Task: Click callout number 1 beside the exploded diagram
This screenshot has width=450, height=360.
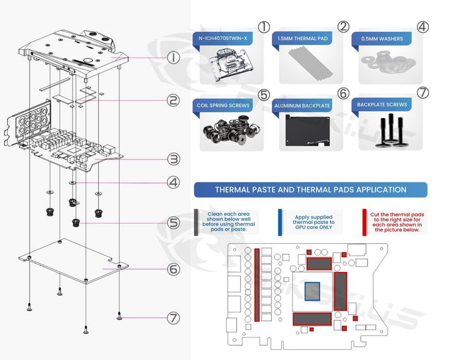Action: click(x=174, y=57)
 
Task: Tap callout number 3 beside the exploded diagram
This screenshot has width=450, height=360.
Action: click(x=174, y=159)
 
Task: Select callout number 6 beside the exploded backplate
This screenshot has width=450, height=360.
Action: click(x=174, y=270)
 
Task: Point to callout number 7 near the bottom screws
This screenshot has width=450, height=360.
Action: click(x=174, y=317)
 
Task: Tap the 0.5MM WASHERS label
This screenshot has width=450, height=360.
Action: click(x=382, y=39)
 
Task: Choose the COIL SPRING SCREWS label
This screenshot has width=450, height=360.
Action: click(x=223, y=105)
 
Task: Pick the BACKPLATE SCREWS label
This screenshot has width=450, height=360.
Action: click(x=383, y=105)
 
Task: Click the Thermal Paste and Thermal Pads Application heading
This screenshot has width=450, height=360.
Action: click(x=311, y=189)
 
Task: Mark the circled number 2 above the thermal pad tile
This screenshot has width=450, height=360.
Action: click(x=343, y=26)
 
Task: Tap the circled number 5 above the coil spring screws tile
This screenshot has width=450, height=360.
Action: click(x=264, y=95)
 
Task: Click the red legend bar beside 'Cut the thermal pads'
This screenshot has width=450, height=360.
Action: click(x=364, y=222)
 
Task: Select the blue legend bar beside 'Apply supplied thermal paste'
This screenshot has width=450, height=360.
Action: click(x=279, y=222)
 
